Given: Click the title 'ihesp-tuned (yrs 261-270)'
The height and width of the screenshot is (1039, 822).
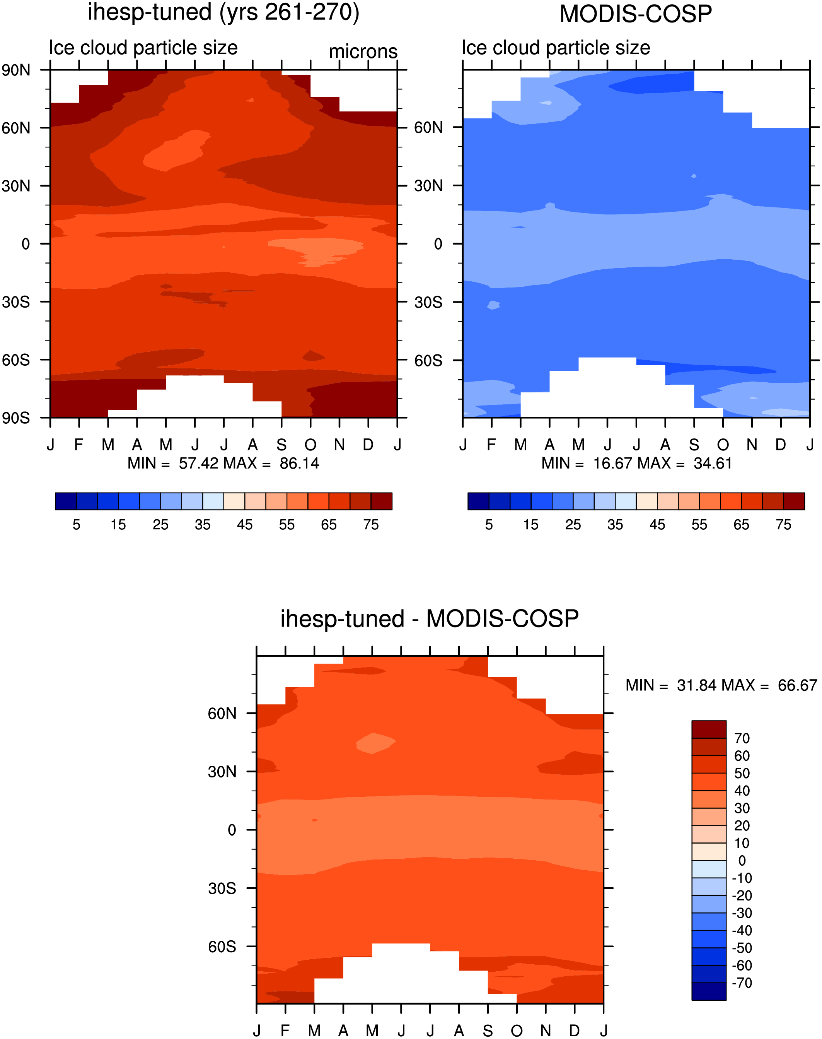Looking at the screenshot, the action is pos(223,12).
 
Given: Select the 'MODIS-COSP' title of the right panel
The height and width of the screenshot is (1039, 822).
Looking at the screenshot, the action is pos(636,14).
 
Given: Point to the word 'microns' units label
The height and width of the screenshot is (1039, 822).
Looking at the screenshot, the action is pos(363,51).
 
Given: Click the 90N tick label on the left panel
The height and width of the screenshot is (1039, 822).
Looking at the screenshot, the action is pos(16,70).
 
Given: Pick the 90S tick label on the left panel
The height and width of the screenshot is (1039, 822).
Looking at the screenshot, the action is pos(16,418).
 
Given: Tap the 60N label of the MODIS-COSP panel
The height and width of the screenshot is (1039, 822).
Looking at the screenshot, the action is pos(428,128).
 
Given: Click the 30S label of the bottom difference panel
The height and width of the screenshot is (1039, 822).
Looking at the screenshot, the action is pos(222,888).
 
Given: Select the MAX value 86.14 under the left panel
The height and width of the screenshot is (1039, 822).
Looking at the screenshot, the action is pos(299,463).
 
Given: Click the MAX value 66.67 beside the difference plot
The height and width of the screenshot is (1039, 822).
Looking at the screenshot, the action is pos(798,685).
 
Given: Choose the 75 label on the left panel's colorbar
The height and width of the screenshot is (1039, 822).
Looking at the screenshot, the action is pos(371,525).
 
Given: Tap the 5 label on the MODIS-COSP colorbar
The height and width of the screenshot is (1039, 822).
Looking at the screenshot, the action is pos(489,525).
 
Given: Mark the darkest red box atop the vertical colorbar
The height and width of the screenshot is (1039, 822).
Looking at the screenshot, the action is pos(709,730).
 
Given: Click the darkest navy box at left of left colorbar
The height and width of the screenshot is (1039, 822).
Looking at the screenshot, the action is pos(66,501).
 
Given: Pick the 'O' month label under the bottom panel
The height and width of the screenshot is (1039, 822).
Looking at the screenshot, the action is pos(517,1031).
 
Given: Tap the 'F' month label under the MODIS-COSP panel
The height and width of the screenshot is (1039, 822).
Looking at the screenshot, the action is pos(491,445).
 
